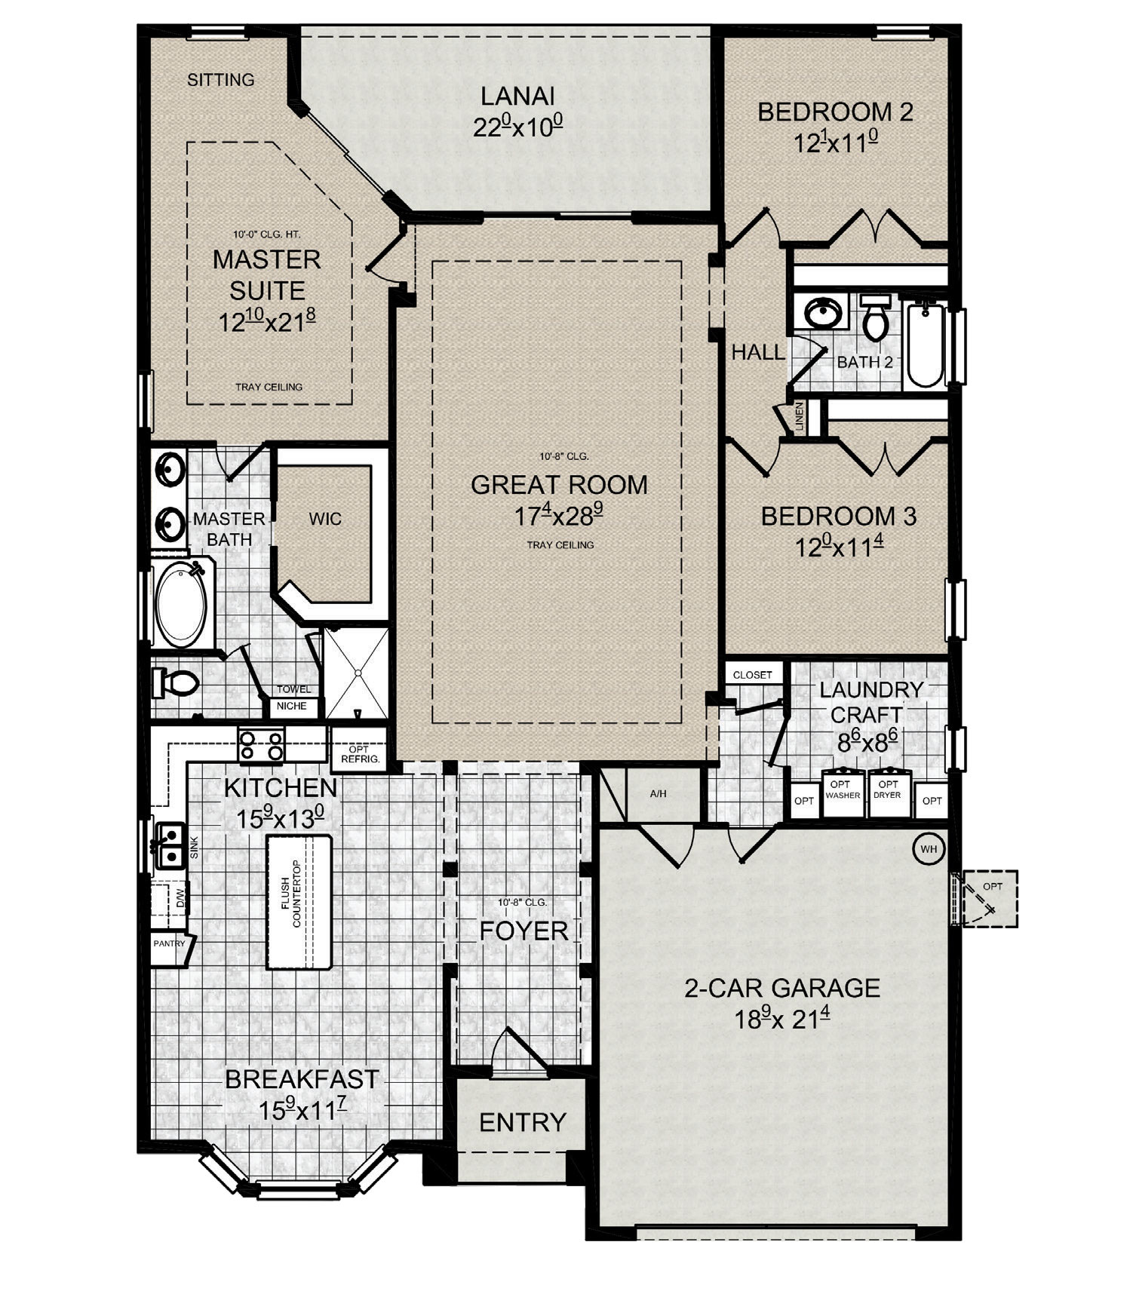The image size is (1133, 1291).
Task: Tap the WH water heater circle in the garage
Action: pos(928,848)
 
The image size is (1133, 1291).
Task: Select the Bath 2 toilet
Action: pos(876,317)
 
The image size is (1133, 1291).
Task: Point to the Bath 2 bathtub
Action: pos(926,344)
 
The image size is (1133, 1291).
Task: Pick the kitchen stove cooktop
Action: pos(261,744)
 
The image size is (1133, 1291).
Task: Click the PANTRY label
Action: pos(170,943)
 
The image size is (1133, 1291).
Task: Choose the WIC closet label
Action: pos(325,519)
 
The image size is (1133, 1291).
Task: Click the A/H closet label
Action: pos(659,794)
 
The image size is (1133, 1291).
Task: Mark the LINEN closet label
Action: pos(800,417)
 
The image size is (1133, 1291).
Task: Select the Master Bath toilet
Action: pos(176,683)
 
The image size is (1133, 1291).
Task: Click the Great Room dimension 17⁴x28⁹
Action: pos(559,517)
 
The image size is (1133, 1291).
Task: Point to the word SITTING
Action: pos(221,79)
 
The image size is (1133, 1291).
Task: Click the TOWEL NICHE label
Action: pos(293,698)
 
